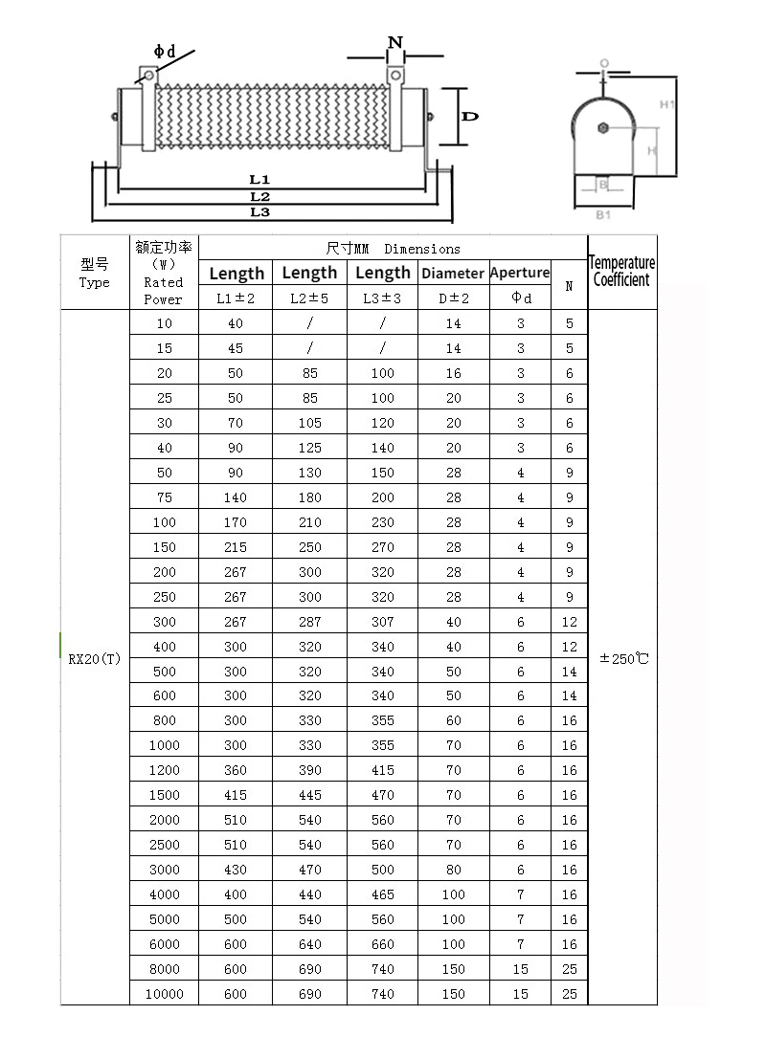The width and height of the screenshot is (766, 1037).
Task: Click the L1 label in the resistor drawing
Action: (259, 179)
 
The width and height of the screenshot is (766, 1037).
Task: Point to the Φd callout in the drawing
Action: (165, 51)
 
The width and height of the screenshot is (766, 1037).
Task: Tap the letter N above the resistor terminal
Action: (394, 42)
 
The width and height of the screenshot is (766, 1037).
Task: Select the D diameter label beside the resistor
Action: (470, 116)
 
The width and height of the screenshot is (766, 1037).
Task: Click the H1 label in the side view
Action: (667, 104)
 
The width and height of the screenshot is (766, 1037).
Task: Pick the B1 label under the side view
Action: (603, 215)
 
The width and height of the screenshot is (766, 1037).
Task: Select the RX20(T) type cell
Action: (95, 659)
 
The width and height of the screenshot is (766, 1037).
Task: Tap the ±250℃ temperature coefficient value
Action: (622, 658)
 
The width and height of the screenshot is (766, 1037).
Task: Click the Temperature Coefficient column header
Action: (621, 271)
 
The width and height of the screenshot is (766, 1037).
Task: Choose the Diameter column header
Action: (453, 273)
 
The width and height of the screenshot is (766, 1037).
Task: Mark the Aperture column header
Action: (520, 273)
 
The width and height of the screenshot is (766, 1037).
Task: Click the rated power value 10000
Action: (164, 994)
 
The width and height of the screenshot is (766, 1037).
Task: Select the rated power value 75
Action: (164, 497)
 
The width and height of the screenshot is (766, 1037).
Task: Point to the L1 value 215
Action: (236, 547)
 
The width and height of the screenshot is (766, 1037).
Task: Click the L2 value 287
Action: (309, 622)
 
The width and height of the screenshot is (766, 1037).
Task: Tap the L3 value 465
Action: (382, 894)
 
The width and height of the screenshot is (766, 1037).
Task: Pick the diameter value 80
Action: (453, 870)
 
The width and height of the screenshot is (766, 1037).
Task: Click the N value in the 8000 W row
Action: (570, 969)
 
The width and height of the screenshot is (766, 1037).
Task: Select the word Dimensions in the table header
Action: (422, 249)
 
